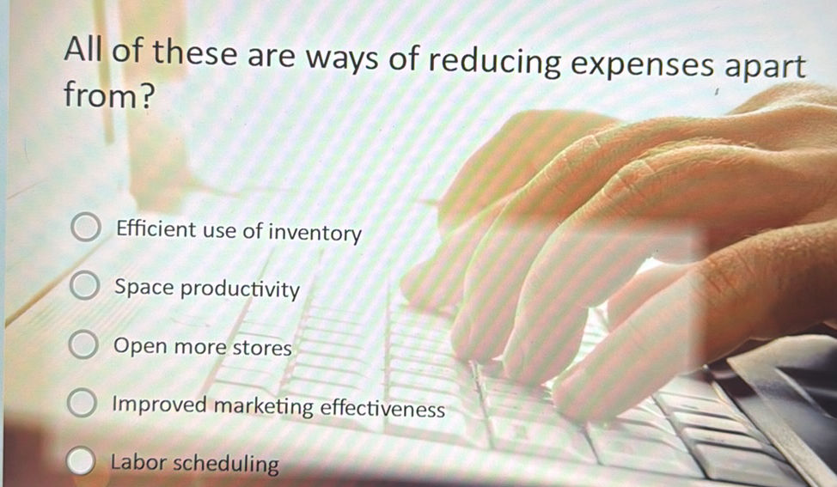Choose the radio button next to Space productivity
coord(82,287)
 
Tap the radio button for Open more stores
coord(82,346)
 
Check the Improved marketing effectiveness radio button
coord(81,404)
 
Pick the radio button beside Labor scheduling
coord(80,462)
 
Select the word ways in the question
coord(342,60)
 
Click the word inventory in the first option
coord(315,233)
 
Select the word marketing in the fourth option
coord(264,406)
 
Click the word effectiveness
coord(382,409)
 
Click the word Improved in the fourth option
coord(161,405)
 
